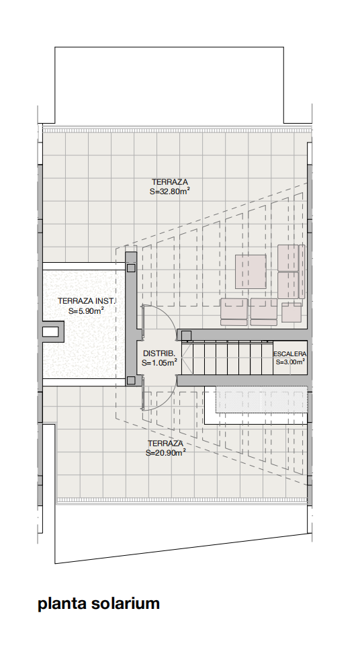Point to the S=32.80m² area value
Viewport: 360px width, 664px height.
pyautogui.click(x=169, y=192)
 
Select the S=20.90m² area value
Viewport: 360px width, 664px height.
pyautogui.click(x=166, y=452)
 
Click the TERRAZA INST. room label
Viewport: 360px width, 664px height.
pyautogui.click(x=87, y=302)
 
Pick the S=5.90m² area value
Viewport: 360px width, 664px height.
pyautogui.click(x=87, y=310)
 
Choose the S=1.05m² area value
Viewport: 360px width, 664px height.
pyautogui.click(x=159, y=362)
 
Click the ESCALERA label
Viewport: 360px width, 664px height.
pyautogui.click(x=289, y=354)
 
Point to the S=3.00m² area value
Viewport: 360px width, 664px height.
pyautogui.click(x=290, y=362)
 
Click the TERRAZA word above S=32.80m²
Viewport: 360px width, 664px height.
pyautogui.click(x=170, y=182)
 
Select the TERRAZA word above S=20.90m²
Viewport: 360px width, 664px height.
pyautogui.click(x=165, y=444)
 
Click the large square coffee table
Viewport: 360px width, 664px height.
pyautogui.click(x=251, y=272)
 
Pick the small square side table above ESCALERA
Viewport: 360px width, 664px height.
pyautogui.click(x=291, y=313)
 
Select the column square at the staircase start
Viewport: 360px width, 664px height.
pyautogui.click(x=186, y=336)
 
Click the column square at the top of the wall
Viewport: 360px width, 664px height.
pyautogui.click(x=131, y=267)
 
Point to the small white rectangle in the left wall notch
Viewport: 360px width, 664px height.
pyautogui.click(x=50, y=331)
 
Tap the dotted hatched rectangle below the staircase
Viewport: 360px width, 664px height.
pyautogui.click(x=261, y=399)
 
